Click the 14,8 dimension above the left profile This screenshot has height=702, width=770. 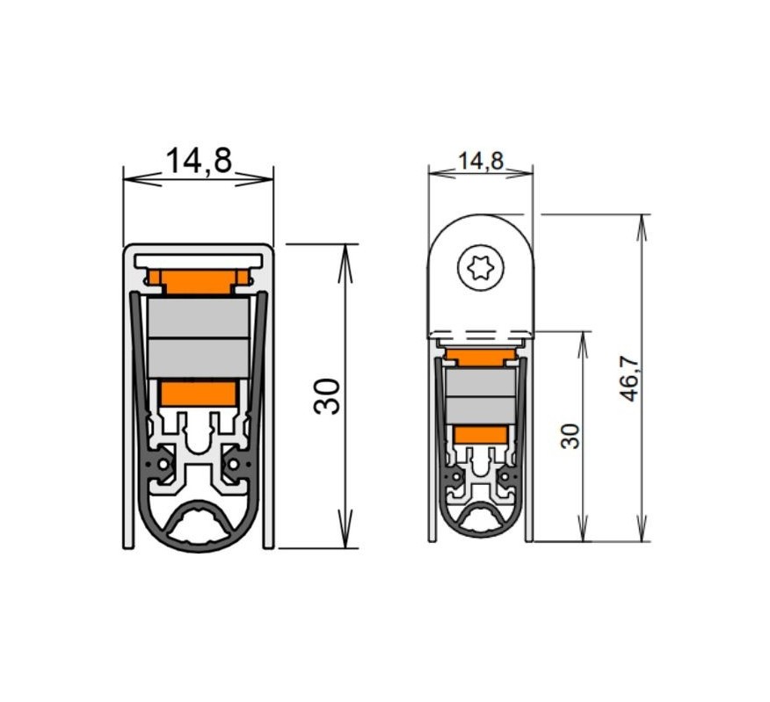coord(199,160)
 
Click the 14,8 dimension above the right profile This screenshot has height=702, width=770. coord(480,161)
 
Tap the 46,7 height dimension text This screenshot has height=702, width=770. coord(630,378)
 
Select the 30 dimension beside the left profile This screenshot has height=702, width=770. coord(327,396)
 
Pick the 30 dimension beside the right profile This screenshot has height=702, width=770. coord(570,436)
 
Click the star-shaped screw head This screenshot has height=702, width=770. coord(481,267)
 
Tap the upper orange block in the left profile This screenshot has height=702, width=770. coord(199,281)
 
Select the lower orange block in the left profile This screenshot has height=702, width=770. coord(199,394)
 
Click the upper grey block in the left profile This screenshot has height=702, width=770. coord(199,318)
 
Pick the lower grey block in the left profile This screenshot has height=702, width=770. coord(199,358)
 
